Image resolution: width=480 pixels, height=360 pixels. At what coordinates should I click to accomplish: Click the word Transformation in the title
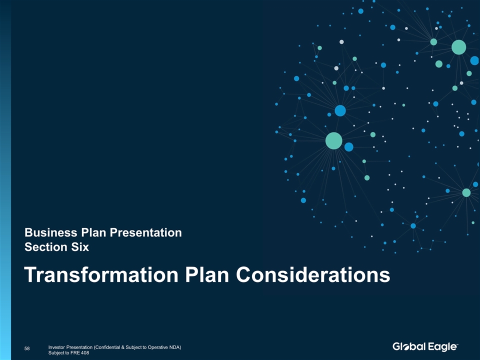(x=101, y=274)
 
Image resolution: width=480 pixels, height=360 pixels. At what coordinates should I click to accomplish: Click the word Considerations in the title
(x=313, y=274)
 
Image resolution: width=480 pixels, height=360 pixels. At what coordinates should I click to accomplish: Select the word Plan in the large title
(x=207, y=274)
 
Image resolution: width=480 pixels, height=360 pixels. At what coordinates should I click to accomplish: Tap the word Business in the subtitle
(x=51, y=232)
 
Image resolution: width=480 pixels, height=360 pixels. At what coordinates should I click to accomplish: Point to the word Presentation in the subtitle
(x=145, y=232)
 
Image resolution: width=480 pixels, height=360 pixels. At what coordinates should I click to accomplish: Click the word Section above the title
(x=46, y=247)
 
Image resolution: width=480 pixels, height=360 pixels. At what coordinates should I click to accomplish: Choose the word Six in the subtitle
(x=80, y=247)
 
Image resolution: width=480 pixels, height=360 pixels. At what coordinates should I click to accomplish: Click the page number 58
(x=27, y=348)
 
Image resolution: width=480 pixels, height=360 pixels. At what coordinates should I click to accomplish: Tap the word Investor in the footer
(x=56, y=347)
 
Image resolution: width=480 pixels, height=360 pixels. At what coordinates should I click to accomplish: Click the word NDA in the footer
(x=175, y=347)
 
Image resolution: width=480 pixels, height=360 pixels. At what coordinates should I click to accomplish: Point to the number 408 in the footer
(x=85, y=352)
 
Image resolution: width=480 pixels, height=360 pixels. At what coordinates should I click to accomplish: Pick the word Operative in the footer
(x=157, y=347)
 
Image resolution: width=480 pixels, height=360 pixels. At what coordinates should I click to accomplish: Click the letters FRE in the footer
(x=76, y=352)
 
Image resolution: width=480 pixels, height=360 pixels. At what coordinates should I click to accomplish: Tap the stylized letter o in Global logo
(x=405, y=347)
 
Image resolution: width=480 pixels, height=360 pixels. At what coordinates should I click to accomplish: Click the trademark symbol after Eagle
(x=457, y=344)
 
